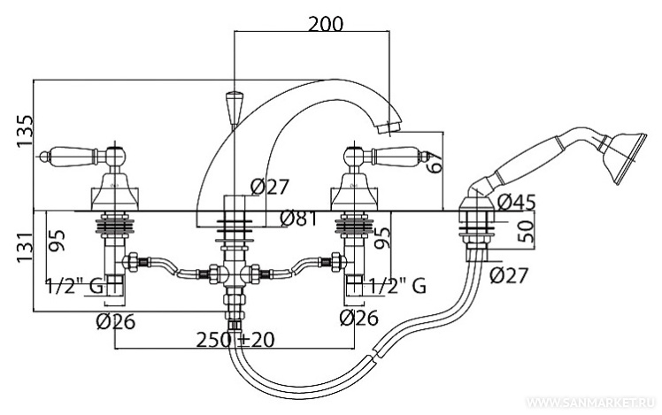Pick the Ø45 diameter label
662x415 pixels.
[517, 202]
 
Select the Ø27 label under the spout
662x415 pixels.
[270, 187]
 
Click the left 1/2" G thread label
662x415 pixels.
[78, 285]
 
